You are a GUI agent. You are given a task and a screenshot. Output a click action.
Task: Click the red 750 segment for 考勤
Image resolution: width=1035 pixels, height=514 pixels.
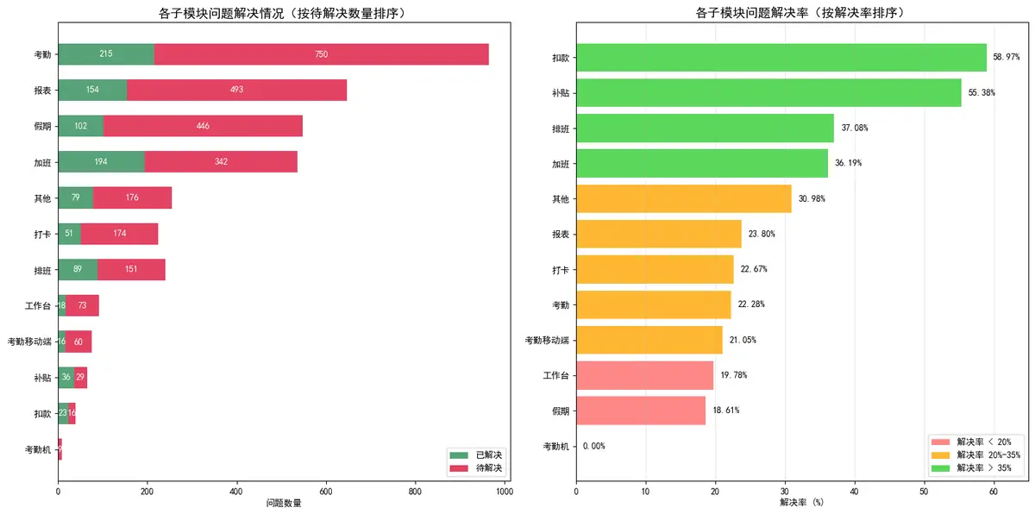(321, 54)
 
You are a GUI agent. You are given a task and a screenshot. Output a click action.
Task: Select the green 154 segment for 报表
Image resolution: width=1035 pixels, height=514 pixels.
(92, 90)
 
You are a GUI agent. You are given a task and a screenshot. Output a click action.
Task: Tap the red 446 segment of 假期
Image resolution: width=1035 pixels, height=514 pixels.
(203, 126)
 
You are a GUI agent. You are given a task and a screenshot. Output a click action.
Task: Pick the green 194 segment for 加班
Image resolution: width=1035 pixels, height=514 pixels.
(101, 161)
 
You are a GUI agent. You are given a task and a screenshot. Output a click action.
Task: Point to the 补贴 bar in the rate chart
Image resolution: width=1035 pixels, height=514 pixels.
(768, 92)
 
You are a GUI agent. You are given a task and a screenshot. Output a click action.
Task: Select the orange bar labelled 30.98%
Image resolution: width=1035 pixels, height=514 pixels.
(683, 198)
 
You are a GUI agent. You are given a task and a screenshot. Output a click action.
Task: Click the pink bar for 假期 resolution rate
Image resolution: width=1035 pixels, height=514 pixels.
(641, 410)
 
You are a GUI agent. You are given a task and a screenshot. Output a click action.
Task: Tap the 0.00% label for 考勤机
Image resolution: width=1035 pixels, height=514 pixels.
(594, 446)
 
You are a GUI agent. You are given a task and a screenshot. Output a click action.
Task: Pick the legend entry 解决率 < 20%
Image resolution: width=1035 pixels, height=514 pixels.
(983, 442)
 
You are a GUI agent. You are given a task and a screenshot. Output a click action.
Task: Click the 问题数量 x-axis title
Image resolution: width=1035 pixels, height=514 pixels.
(284, 504)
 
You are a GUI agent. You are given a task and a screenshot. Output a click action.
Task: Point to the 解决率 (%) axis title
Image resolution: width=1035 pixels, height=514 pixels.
(802, 502)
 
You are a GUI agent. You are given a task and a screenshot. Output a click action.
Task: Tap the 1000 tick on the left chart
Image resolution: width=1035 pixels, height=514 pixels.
(505, 491)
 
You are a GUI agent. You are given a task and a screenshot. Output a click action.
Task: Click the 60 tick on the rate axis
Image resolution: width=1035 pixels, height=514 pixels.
(994, 491)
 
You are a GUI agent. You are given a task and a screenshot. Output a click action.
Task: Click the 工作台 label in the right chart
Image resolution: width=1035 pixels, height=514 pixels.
(555, 375)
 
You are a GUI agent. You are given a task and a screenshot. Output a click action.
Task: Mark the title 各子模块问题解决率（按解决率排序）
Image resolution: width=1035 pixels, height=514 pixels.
(800, 12)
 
